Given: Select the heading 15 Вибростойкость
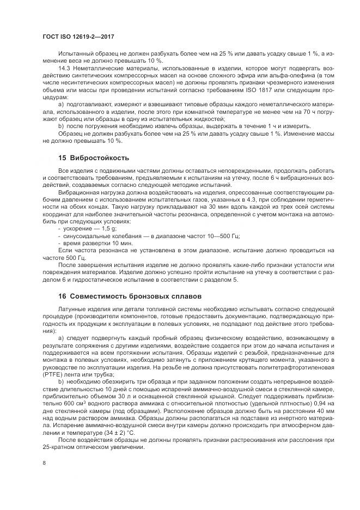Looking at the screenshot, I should coord(94,158).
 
